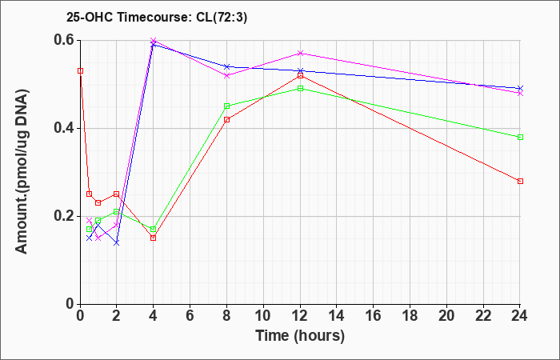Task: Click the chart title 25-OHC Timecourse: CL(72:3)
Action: coord(157,18)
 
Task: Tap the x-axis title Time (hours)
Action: coord(300,336)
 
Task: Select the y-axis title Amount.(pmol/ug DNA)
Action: coord(22,171)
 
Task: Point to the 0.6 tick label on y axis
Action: coord(66,40)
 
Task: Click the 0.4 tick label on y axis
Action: coord(66,128)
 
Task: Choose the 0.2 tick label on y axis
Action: coord(66,216)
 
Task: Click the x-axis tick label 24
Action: coord(520,316)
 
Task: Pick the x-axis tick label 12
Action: coord(300,316)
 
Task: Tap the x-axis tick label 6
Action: coord(190,316)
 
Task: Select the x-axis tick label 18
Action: coord(410,316)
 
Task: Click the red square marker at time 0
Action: coord(81,71)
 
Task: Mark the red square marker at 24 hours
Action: coord(520,181)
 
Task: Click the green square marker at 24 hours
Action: coord(520,137)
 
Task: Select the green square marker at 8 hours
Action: coord(226,106)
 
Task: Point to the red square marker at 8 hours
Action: coord(226,120)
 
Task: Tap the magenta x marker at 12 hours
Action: coord(300,54)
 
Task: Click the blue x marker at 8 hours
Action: coord(226,66)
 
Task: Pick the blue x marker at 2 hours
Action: coord(117,243)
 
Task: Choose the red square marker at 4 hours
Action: coord(154,238)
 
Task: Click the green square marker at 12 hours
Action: coord(300,89)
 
